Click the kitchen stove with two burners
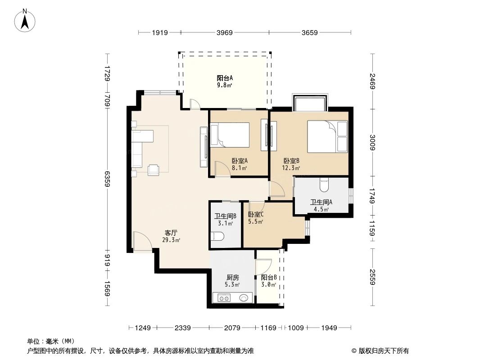pyautogui.click(x=224, y=297)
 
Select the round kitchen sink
pyautogui.click(x=245, y=297)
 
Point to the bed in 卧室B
pyautogui.click(x=327, y=136)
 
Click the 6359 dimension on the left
pyautogui.click(x=107, y=179)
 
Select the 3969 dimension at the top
pyautogui.click(x=224, y=32)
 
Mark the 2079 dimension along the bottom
pyautogui.click(x=232, y=328)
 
